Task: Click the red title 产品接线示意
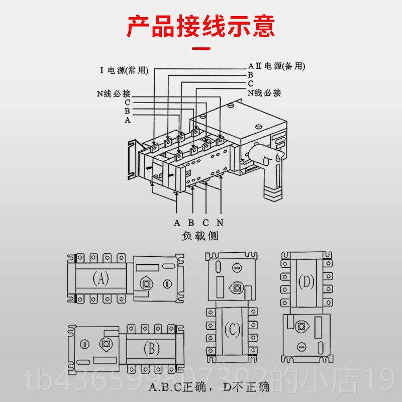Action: (x=200, y=26)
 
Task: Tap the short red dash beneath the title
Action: (x=201, y=49)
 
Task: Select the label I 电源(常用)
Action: (x=124, y=70)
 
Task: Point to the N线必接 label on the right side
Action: (x=264, y=93)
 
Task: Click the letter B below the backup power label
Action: (x=250, y=75)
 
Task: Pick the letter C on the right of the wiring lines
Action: (x=250, y=83)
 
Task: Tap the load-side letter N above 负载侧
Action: (x=220, y=223)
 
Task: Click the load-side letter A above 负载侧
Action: (x=177, y=223)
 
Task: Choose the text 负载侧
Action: (x=197, y=235)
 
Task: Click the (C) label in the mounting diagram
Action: (x=233, y=330)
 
